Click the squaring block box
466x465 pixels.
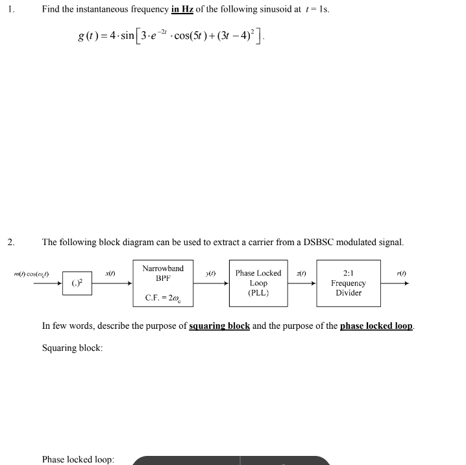coord(77,283)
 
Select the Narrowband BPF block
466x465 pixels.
coord(163,283)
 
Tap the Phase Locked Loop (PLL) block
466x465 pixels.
coord(258,283)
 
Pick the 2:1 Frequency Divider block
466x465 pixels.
coord(348,283)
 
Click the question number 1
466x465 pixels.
coord(12,9)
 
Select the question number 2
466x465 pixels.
coord(11,243)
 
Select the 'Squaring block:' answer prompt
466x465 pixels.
coord(72,348)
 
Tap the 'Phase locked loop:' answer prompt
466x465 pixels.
coord(78,459)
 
